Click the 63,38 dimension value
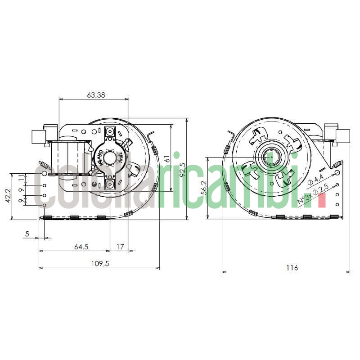(x=95, y=95)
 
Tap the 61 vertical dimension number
(x=166, y=158)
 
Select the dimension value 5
(x=27, y=234)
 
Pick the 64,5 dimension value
(x=81, y=247)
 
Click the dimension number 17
(x=120, y=247)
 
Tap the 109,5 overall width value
(x=100, y=264)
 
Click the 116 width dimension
(x=292, y=268)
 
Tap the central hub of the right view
(x=272, y=157)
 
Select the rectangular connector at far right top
(x=342, y=136)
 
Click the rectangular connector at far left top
(x=37, y=137)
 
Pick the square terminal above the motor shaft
(x=110, y=132)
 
